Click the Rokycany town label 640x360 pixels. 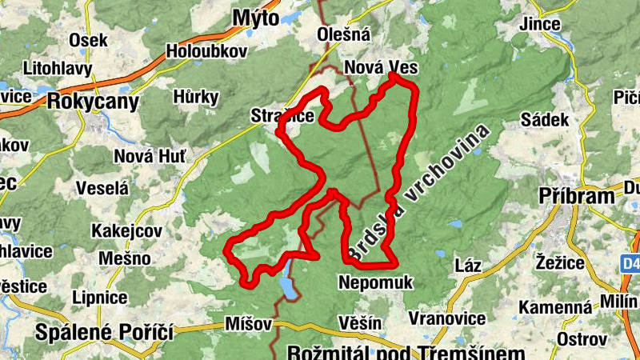[93, 102]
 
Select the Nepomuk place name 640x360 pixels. [375, 282]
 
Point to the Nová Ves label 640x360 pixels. [380, 68]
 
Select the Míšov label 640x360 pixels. [249, 324]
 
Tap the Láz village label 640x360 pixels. [467, 265]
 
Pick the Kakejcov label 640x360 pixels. [126, 230]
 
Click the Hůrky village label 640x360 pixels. [196, 98]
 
